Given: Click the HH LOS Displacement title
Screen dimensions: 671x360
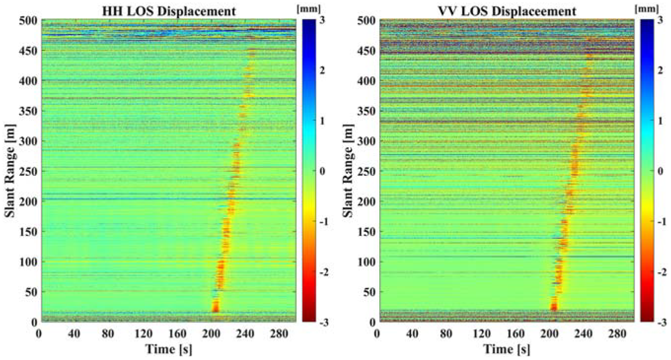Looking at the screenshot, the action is pyautogui.click(x=168, y=11).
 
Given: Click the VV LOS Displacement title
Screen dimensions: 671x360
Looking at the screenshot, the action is pyautogui.click(x=507, y=11).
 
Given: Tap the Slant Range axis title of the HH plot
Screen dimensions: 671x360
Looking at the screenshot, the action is pyautogui.click(x=10, y=170).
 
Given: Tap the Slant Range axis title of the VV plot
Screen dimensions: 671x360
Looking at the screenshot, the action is pyautogui.click(x=348, y=170).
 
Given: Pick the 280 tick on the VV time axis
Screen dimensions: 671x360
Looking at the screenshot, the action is pyautogui.click(x=618, y=333).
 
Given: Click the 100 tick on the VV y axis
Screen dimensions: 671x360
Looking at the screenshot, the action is pyautogui.click(x=366, y=262).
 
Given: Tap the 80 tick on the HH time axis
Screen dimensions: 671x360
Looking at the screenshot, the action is pyautogui.click(x=108, y=333).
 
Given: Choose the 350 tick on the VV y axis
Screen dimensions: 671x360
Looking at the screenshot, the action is pyautogui.click(x=366, y=111).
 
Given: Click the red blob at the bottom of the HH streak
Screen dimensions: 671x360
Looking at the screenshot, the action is pyautogui.click(x=215, y=306).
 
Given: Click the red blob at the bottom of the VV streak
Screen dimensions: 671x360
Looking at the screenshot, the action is pyautogui.click(x=554, y=307).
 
